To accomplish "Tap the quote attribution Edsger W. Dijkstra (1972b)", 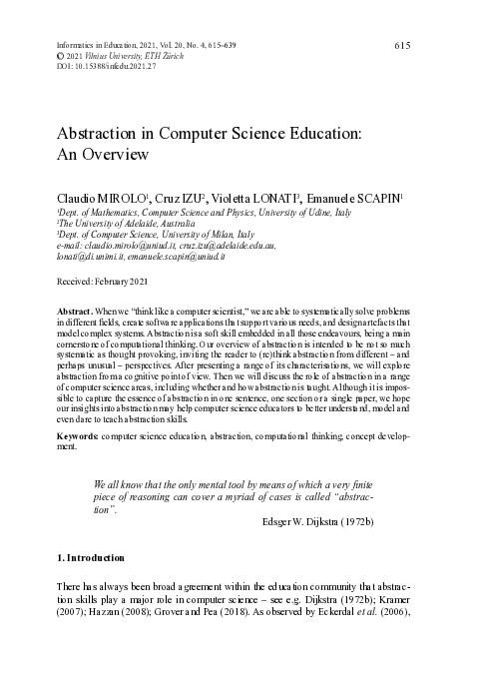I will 319,522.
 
